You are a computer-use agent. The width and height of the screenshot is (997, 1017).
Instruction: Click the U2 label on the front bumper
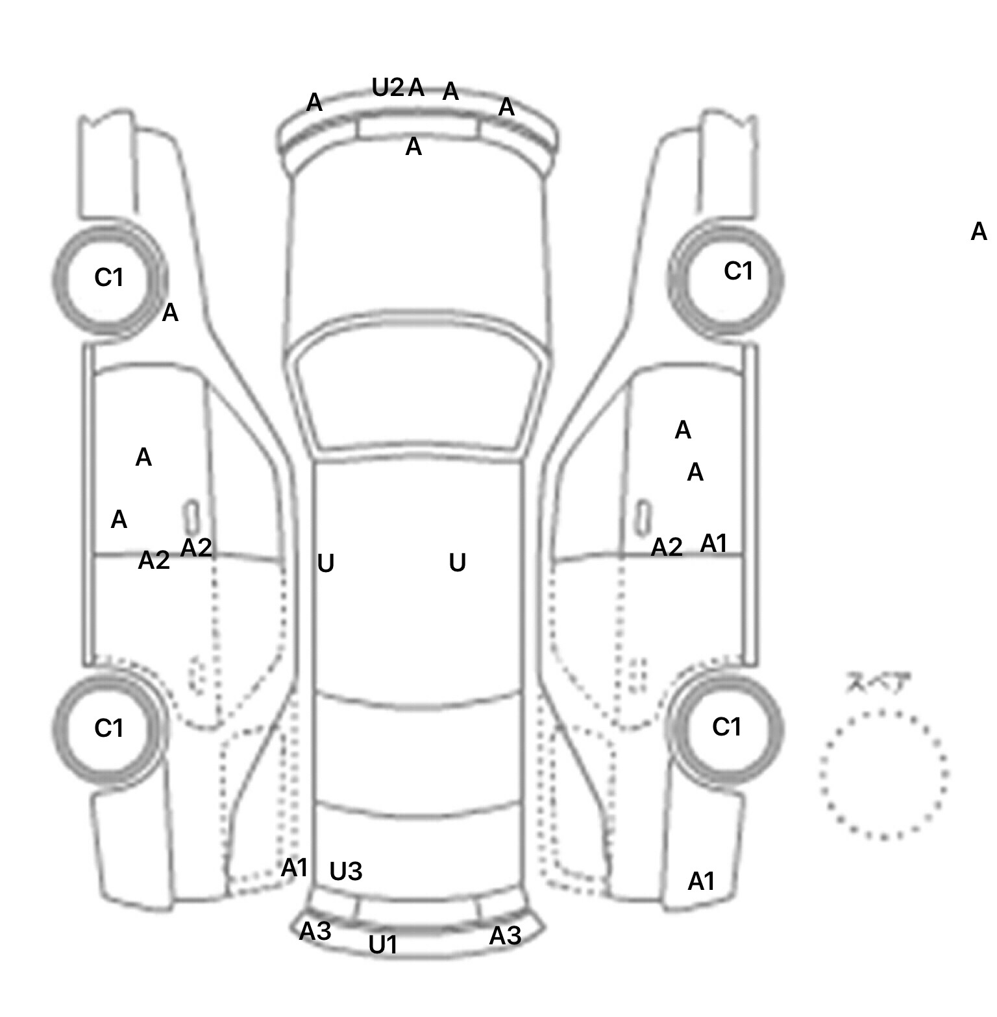(388, 87)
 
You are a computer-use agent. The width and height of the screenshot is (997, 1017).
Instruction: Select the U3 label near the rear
(345, 872)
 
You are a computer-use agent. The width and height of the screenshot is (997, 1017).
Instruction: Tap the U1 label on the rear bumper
(382, 945)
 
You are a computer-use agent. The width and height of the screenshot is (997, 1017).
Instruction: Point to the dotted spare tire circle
(883, 774)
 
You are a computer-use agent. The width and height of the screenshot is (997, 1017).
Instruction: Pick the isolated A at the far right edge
(978, 232)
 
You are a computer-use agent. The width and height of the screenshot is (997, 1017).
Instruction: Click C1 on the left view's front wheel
(108, 278)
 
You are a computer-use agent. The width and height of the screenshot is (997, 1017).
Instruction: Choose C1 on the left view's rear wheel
(108, 728)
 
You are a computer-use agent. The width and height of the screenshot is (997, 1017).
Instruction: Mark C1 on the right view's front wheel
(738, 271)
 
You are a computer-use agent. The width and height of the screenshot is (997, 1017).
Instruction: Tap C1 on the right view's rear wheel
(726, 727)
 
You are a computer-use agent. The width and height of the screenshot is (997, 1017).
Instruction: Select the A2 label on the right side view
(667, 548)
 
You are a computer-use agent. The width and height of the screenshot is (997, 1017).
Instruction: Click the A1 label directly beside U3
(294, 868)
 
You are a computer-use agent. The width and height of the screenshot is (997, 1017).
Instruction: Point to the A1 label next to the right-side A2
(713, 544)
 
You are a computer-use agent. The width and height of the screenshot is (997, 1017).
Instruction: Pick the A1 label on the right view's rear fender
(701, 881)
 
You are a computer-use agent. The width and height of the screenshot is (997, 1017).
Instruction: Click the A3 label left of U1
(315, 931)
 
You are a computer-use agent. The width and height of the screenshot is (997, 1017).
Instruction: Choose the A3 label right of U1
(504, 935)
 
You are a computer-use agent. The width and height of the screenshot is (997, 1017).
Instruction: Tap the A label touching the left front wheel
(169, 313)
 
